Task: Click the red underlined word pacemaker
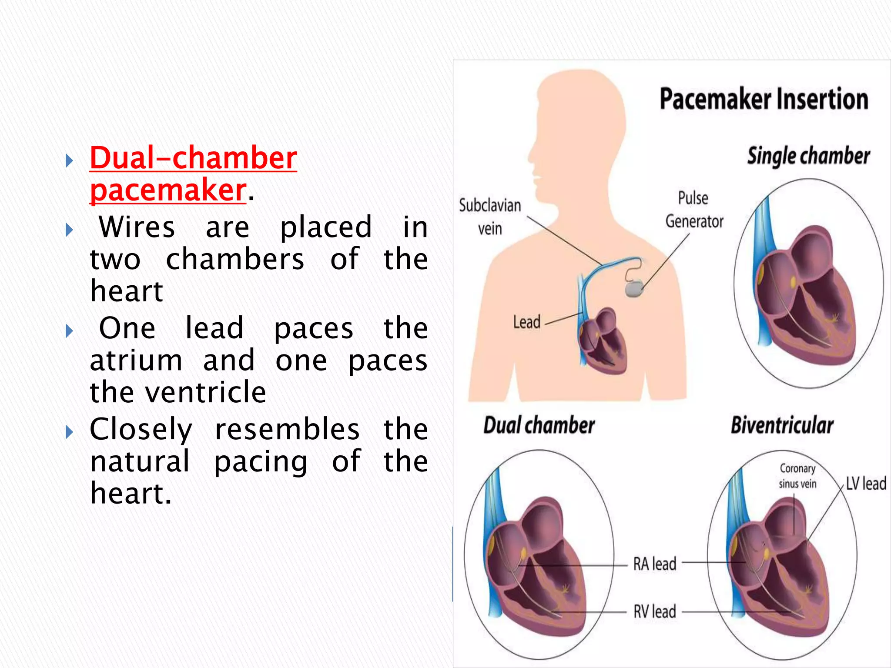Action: click(168, 190)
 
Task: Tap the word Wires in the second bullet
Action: click(137, 227)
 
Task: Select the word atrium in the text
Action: click(136, 361)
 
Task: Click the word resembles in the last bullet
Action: click(287, 430)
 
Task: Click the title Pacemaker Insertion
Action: click(764, 99)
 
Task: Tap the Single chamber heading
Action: click(808, 156)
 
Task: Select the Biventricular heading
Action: click(782, 425)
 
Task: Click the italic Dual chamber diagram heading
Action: click(539, 425)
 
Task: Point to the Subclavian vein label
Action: click(490, 217)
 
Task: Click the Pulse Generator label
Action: click(694, 210)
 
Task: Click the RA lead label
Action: click(654, 564)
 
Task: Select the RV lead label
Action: click(654, 611)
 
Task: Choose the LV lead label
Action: click(866, 484)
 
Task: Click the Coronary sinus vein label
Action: click(797, 476)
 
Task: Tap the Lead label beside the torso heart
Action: click(526, 322)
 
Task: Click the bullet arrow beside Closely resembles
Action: click(69, 432)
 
